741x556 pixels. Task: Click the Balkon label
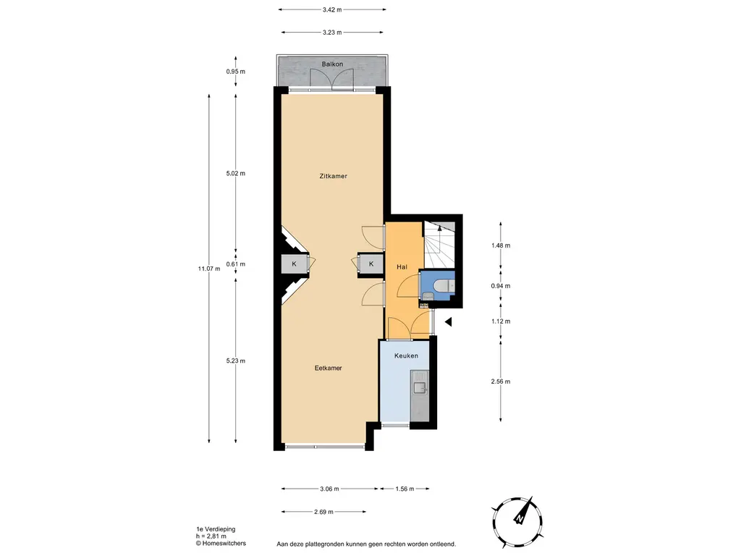point(332,64)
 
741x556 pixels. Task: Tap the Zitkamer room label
point(333,176)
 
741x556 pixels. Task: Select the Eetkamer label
point(328,368)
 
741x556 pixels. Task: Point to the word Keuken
point(406,355)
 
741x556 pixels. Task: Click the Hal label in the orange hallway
point(402,267)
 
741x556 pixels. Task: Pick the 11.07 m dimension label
point(209,269)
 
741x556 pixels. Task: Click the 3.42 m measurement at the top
point(332,9)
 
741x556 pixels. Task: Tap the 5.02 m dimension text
point(236,174)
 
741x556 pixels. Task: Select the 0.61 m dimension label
point(236,264)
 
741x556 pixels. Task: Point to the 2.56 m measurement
point(501,382)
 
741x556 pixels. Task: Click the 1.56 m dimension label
point(405,489)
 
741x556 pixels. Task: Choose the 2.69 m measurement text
point(323,512)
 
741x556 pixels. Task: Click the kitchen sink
point(420,388)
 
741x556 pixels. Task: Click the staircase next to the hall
point(439,244)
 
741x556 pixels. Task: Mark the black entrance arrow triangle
point(449,322)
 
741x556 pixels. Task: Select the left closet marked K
point(294,264)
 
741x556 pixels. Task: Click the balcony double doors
point(332,79)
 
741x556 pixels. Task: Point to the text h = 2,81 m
point(211,536)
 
